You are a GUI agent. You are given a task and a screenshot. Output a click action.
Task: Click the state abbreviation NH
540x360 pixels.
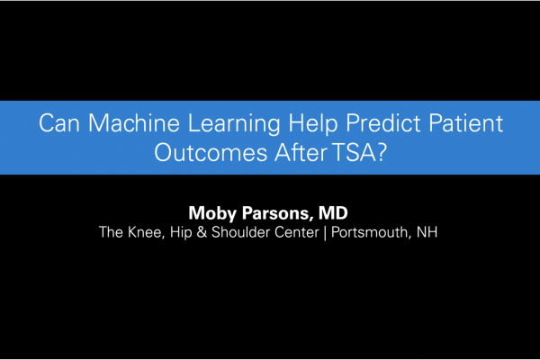tap(430, 232)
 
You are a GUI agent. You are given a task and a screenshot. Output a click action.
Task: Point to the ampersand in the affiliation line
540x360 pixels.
tap(202, 232)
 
